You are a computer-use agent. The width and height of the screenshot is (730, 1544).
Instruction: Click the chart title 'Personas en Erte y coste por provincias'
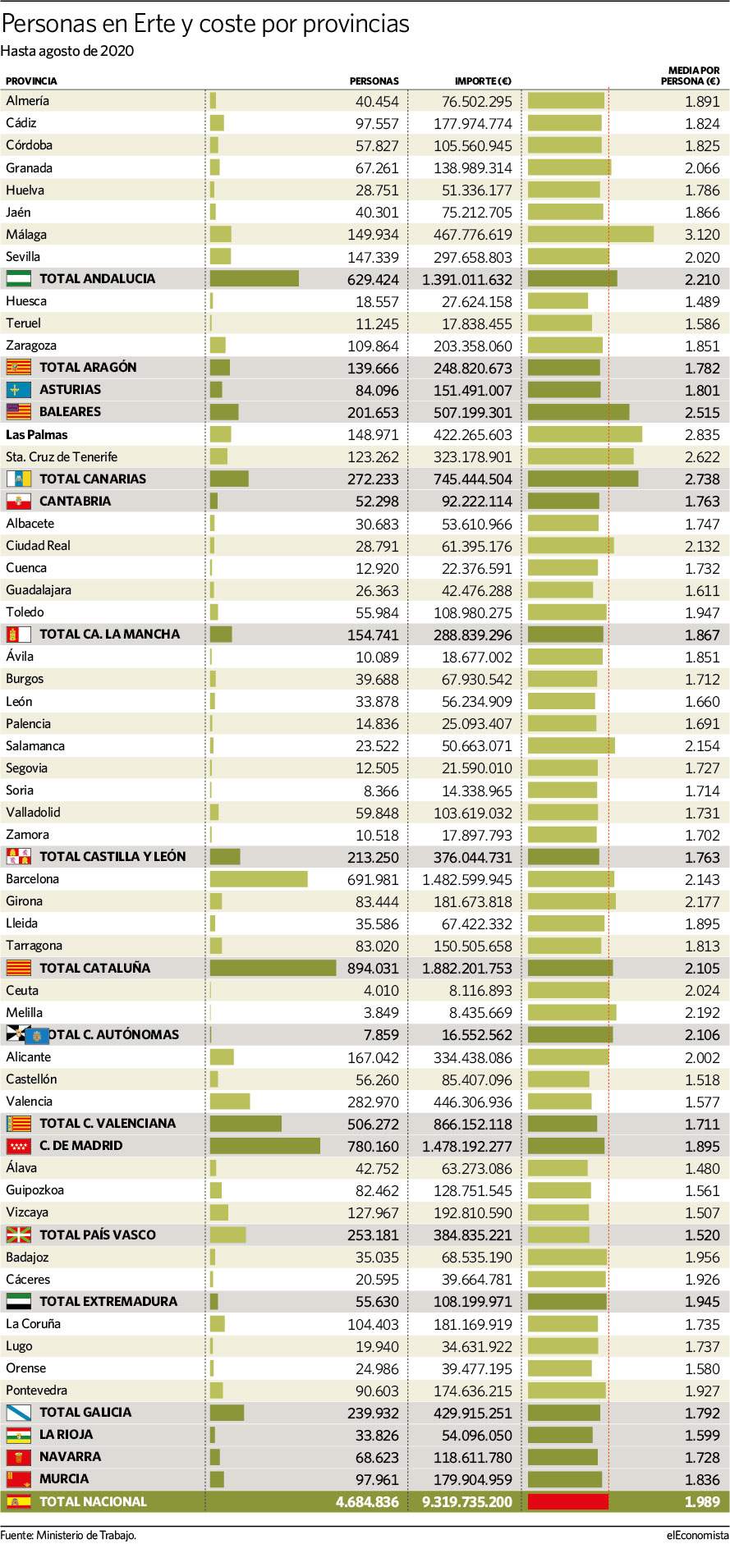pyautogui.click(x=205, y=25)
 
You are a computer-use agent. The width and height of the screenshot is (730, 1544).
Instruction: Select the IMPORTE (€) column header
pyautogui.click(x=483, y=81)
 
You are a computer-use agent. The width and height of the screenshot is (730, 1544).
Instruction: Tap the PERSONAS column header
pyautogui.click(x=374, y=81)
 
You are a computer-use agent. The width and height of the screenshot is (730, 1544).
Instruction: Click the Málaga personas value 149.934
pyautogui.click(x=373, y=235)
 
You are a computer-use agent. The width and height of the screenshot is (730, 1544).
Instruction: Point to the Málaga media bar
pyautogui.click(x=590, y=235)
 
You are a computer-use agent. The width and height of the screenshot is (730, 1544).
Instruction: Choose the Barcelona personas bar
pyautogui.click(x=259, y=879)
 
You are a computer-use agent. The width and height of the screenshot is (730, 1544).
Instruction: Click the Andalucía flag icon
pyautogui.click(x=19, y=279)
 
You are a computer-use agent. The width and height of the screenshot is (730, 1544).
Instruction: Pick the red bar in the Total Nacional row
pyautogui.click(x=568, y=1502)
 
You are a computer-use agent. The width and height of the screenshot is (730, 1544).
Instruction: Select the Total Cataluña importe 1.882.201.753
pyautogui.click(x=467, y=969)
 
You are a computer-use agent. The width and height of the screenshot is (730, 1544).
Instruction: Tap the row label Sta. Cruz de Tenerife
pyautogui.click(x=62, y=457)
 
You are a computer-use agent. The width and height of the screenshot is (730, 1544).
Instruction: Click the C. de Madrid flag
pyautogui.click(x=19, y=1146)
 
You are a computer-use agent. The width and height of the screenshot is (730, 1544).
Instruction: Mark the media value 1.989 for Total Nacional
pyautogui.click(x=702, y=1502)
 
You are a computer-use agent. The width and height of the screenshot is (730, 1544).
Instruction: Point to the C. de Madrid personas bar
pyautogui.click(x=265, y=1146)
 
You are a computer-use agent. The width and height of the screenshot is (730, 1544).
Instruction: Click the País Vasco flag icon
pyautogui.click(x=19, y=1235)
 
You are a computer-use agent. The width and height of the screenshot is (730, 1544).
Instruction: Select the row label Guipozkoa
pyautogui.click(x=34, y=1190)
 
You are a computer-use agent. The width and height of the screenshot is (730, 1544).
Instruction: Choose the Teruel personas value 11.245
pyautogui.click(x=377, y=324)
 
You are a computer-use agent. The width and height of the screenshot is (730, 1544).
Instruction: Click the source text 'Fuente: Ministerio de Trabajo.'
pyautogui.click(x=68, y=1535)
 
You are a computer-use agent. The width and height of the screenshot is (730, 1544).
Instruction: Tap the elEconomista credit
pyautogui.click(x=697, y=1535)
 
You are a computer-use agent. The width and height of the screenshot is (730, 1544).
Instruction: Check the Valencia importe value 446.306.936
pyautogui.click(x=473, y=1102)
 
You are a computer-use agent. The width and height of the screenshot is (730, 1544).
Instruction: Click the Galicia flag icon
pyautogui.click(x=19, y=1413)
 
